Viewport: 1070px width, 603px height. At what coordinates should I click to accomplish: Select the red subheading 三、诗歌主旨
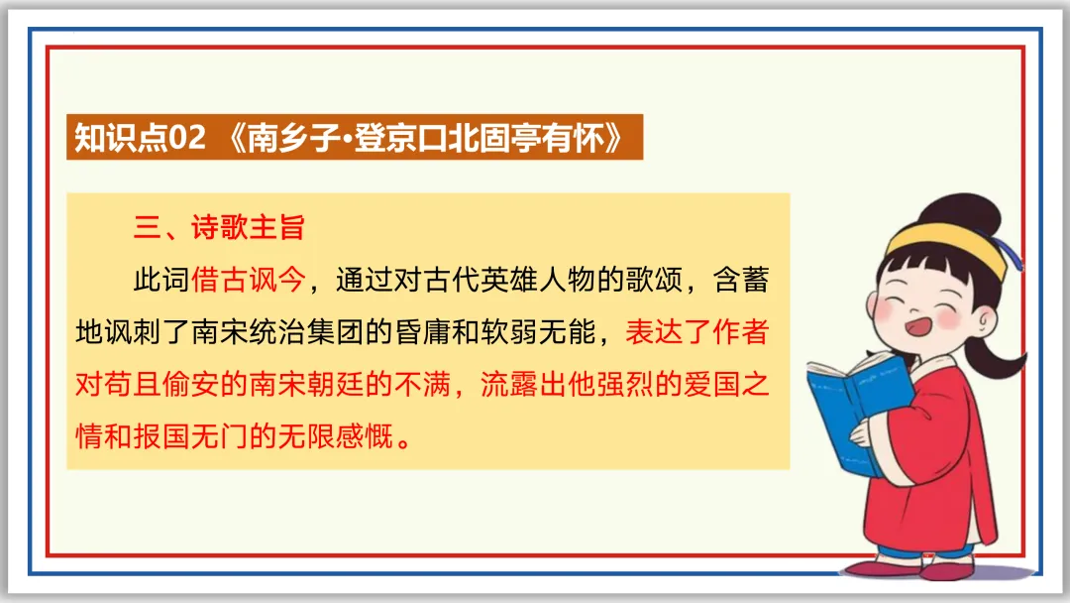pos(219,228)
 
